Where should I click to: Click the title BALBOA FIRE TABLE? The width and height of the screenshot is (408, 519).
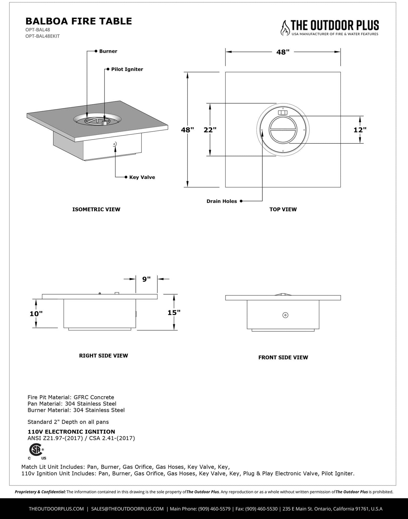tap(78, 21)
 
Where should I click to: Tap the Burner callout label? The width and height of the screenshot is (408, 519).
tap(108, 51)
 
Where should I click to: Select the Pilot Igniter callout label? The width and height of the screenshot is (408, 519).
tap(127, 69)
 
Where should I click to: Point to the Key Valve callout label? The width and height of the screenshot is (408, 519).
tap(142, 177)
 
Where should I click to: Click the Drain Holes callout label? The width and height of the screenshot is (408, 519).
tap(222, 201)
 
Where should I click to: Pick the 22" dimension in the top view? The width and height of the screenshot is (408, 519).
tap(210, 130)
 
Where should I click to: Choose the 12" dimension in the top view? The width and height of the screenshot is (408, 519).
tap(360, 130)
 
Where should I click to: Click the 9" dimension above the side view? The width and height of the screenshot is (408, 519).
tap(146, 279)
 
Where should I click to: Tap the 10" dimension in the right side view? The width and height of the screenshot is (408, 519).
tap(36, 314)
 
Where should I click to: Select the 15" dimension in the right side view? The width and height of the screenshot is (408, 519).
tap(174, 313)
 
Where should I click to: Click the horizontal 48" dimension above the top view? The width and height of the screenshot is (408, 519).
tap(283, 52)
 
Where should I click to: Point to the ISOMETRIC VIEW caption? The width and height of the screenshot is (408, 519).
tap(96, 210)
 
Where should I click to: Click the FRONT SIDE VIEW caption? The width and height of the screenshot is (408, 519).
tap(283, 357)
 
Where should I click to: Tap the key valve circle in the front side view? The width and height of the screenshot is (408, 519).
tap(285, 315)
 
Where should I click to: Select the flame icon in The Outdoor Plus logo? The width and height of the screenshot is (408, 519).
tap(285, 28)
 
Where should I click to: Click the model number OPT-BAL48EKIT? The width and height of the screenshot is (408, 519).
tap(42, 36)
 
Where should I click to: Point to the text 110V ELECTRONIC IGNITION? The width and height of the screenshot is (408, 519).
tap(71, 432)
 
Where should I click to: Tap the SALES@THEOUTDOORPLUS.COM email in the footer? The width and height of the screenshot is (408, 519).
tap(127, 509)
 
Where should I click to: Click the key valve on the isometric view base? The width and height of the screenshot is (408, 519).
tap(114, 144)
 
